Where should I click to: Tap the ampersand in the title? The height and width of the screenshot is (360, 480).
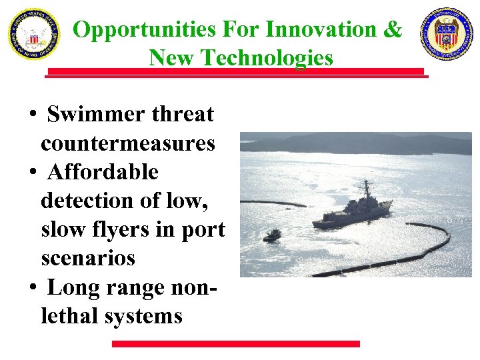tap(393, 30)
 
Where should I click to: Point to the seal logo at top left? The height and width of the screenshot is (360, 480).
tap(33, 34)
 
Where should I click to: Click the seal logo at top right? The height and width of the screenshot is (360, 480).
tap(446, 34)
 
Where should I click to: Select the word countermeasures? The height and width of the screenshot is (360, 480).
tap(128, 143)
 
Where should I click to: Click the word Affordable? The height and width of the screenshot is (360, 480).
tap(103, 172)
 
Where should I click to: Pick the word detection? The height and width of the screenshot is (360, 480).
tap(82, 201)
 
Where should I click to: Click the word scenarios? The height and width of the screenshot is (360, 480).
tap(88, 258)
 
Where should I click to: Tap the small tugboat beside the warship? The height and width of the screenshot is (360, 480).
tap(272, 235)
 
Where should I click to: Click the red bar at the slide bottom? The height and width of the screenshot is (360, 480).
tap(235, 344)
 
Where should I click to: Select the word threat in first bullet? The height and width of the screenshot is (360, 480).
tap(183, 115)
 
